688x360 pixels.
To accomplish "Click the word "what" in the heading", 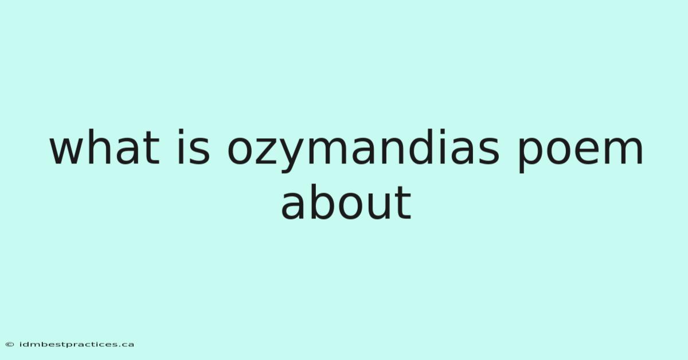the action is pos(105,147).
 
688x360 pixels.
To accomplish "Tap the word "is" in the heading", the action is pos(194,147).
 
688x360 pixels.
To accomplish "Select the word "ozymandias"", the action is pos(363,151).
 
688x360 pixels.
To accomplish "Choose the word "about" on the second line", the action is pos(346,202).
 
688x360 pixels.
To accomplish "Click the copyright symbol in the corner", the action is pos(10,345).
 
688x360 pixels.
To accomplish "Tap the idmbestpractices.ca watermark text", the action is pos(77,345).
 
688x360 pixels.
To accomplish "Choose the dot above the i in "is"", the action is pos(181,132).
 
